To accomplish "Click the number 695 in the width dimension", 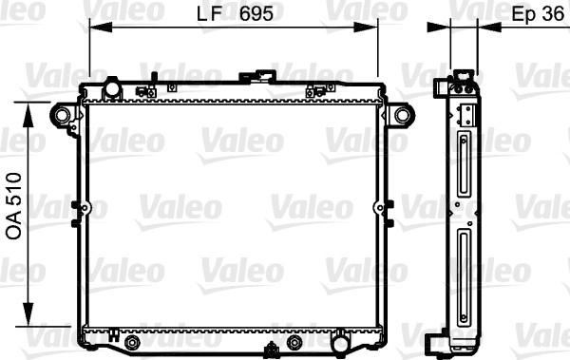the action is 256,14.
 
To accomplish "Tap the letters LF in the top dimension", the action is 209,14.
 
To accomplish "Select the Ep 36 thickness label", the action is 538,14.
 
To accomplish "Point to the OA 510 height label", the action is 14,206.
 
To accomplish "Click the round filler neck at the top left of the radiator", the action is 112,87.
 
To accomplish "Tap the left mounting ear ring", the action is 62,115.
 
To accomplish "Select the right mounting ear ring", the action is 403,115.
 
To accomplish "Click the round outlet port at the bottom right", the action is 341,343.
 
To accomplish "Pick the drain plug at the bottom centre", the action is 271,349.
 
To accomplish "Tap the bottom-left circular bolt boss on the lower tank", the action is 132,343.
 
